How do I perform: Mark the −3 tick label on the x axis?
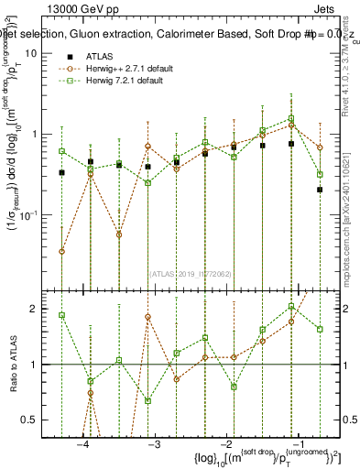pyautogui.click(x=154, y=445)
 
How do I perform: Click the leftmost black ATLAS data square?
pyautogui.click(x=61, y=172)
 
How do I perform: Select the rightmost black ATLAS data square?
pyautogui.click(x=320, y=190)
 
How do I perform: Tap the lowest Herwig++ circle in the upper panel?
pyautogui.click(x=61, y=251)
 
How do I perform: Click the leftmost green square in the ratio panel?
pyautogui.click(x=61, y=315)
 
